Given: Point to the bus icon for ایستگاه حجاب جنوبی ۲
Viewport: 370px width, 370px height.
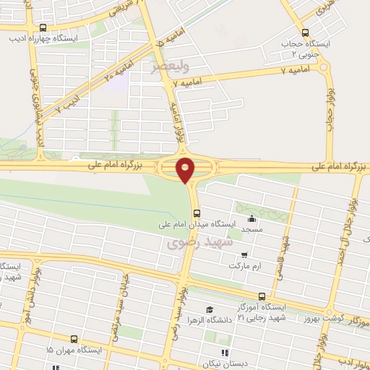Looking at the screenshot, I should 305,33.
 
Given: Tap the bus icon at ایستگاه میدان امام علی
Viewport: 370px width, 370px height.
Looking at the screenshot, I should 197,212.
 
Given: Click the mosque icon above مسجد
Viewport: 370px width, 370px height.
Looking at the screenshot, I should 251,220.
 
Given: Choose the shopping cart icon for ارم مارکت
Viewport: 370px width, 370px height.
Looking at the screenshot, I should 246,255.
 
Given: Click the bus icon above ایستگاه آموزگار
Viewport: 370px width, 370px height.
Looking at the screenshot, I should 262,296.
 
